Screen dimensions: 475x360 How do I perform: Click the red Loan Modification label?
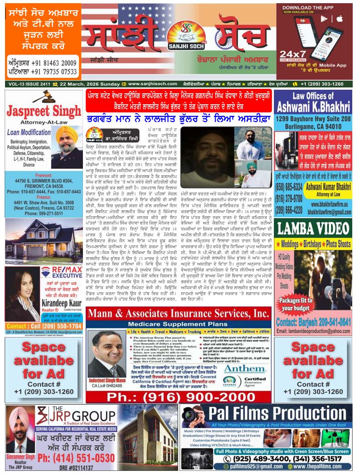(30, 133)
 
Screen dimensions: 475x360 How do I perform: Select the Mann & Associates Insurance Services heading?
(178, 315)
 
